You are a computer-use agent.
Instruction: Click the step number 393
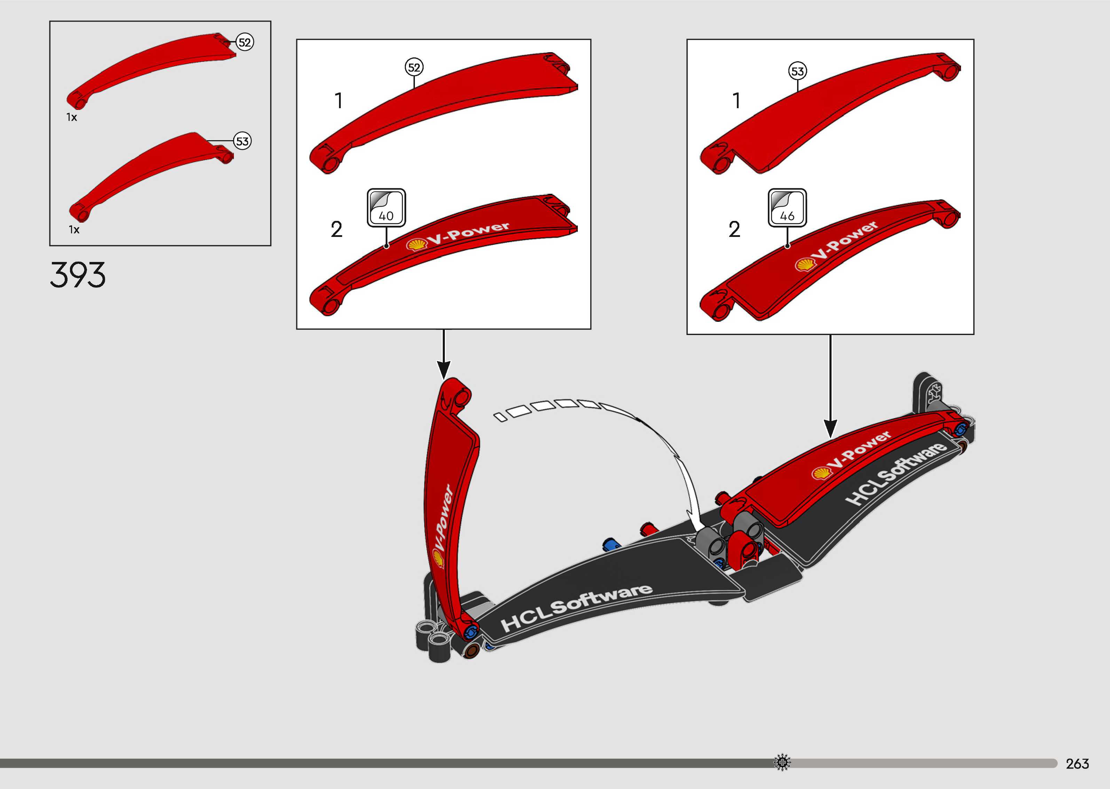coord(78,274)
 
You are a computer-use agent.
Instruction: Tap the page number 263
coord(1077,764)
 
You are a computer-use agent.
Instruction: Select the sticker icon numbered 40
coord(386,208)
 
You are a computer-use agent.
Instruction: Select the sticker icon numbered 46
coord(787,208)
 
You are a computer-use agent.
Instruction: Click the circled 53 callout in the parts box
coord(242,141)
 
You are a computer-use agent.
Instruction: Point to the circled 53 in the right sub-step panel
coord(797,71)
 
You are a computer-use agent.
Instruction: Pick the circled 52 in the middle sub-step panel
coord(414,67)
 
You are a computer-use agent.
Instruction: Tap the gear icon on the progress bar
coord(782,762)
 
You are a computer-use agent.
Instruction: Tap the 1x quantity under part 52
coord(72,117)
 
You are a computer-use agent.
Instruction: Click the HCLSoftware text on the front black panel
coord(576,607)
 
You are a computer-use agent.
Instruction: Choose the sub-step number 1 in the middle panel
coord(339,101)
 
